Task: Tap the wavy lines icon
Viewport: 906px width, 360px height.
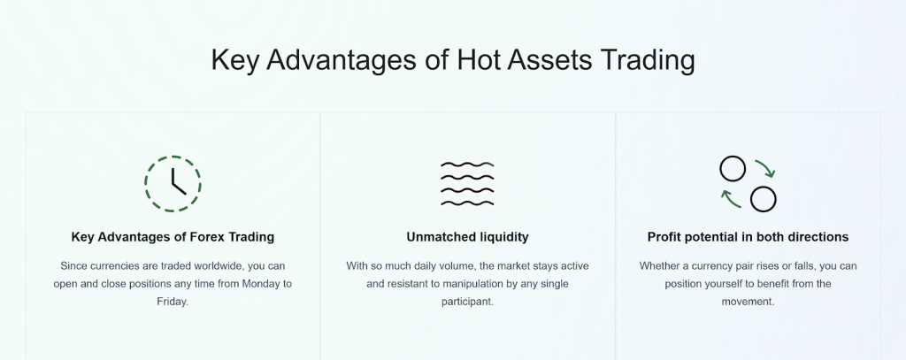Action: (x=467, y=183)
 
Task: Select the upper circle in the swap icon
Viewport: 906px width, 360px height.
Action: (x=732, y=169)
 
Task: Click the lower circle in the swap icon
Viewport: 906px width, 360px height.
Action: (x=763, y=199)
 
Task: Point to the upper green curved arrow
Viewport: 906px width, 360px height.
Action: (x=764, y=168)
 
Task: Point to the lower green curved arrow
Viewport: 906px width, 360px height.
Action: (x=731, y=199)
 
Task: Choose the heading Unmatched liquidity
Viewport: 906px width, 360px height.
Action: (x=467, y=237)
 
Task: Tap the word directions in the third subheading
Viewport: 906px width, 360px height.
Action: (x=813, y=237)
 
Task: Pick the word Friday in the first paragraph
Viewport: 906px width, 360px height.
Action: (x=173, y=302)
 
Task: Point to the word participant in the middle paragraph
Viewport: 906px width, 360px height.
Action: (x=467, y=302)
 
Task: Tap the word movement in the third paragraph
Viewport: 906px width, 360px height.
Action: (x=748, y=302)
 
